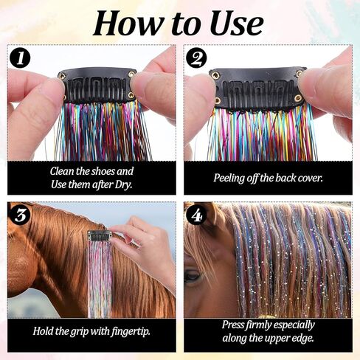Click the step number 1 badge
coord(20,58)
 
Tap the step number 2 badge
coord(196,58)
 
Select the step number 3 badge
coord(20,215)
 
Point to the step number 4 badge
coord(196,215)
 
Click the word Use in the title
coord(237,24)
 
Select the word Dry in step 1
coord(124,184)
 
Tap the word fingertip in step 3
coord(131,332)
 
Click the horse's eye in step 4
coord(193,276)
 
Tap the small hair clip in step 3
coord(100,237)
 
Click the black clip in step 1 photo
coord(97,85)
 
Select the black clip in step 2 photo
coord(258,88)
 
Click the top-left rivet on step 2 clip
coord(215,75)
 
